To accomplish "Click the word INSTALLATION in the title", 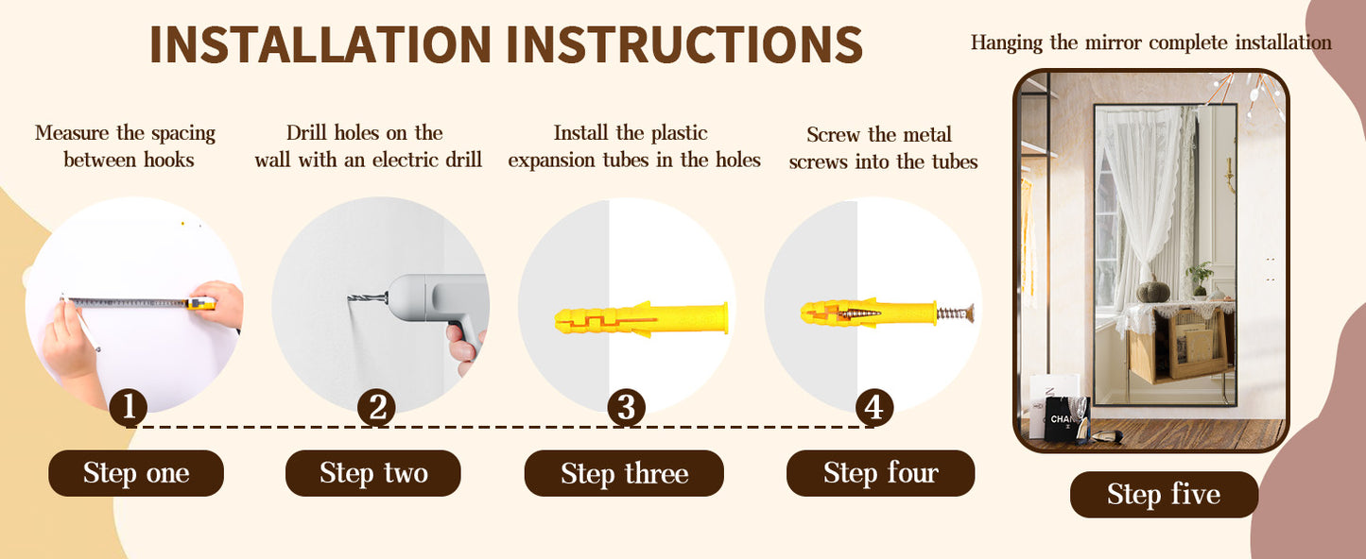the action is click(x=320, y=44).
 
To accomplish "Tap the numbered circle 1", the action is click(x=128, y=408).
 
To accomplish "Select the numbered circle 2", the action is click(x=376, y=408).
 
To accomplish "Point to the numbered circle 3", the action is click(x=627, y=408).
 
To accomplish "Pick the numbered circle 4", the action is click(x=874, y=408).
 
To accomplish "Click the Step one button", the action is click(x=136, y=473).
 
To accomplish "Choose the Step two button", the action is click(x=373, y=473).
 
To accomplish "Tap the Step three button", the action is click(x=625, y=473).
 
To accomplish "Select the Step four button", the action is click(x=881, y=473).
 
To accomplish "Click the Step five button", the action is click(x=1164, y=495).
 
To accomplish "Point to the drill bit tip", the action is click(x=350, y=298).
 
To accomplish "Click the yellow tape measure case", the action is click(x=201, y=303).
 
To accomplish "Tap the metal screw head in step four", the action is click(x=969, y=313).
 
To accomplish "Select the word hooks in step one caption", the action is click(x=169, y=161).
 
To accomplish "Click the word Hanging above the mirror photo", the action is click(x=1007, y=43).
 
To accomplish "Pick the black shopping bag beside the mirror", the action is click(x=1066, y=419).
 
